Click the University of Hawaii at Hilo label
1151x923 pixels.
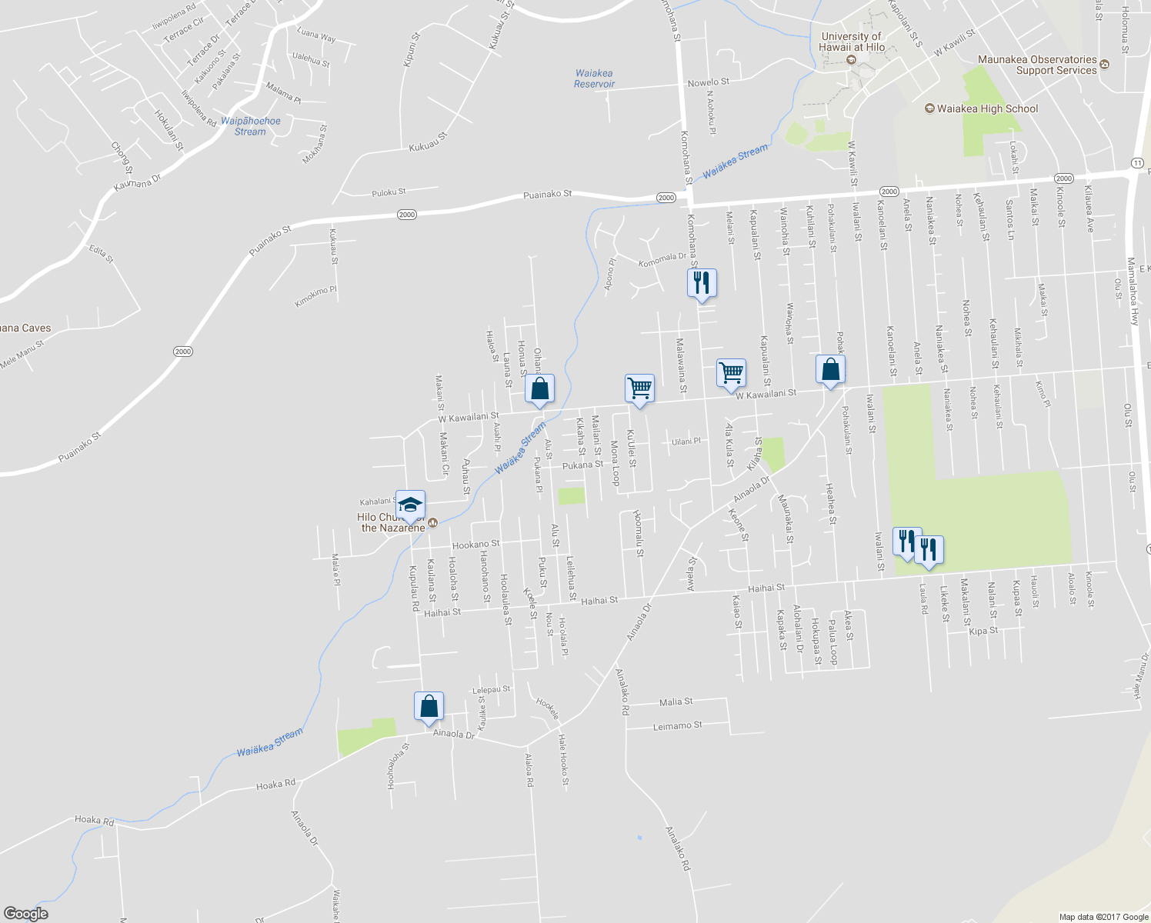pyautogui.click(x=851, y=42)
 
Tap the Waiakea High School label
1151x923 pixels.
pyautogui.click(x=987, y=108)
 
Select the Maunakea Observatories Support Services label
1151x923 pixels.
pyautogui.click(x=1037, y=65)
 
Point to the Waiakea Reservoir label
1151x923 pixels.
pyautogui.click(x=594, y=78)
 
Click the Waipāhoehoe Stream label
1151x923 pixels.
pyautogui.click(x=250, y=126)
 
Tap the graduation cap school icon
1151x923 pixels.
pyautogui.click(x=410, y=505)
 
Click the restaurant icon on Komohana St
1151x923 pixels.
pyautogui.click(x=701, y=283)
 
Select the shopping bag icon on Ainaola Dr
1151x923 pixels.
pyautogui.click(x=429, y=706)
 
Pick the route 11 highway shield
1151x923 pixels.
pyautogui.click(x=1137, y=162)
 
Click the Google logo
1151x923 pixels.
pyautogui.click(x=25, y=914)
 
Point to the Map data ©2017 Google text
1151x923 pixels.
pyautogui.click(x=1103, y=917)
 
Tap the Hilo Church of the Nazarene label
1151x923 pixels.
pyautogui.click(x=393, y=523)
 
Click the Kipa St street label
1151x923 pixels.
pyautogui.click(x=983, y=631)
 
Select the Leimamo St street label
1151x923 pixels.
pyautogui.click(x=677, y=725)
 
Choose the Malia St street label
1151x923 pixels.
pyautogui.click(x=676, y=701)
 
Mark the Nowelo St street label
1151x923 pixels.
pyautogui.click(x=708, y=82)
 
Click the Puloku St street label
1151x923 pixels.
pyautogui.click(x=389, y=192)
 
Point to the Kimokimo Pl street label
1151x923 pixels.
pyautogui.click(x=315, y=296)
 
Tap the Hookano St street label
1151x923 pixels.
pyautogui.click(x=475, y=545)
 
